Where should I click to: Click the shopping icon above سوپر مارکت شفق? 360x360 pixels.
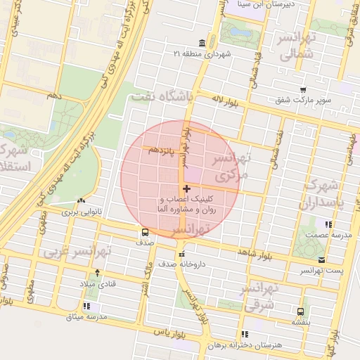point(302,90)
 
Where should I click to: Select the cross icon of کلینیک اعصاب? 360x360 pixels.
point(186,188)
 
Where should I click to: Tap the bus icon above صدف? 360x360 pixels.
point(145,232)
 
